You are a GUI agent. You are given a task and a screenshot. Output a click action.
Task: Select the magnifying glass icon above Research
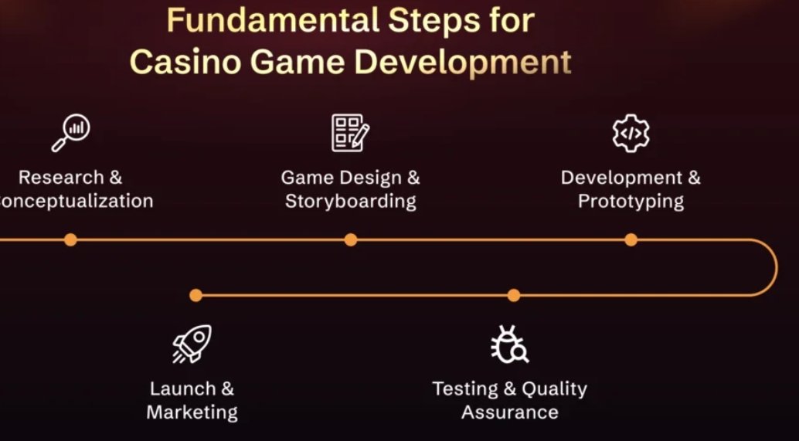pos(70,134)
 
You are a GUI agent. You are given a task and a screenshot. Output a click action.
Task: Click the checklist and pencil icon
pos(350,134)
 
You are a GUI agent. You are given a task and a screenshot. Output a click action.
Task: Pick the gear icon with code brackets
pos(631,134)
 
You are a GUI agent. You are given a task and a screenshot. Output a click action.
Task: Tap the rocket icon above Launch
pos(192,344)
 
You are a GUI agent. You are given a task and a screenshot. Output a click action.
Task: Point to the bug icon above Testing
pos(510,344)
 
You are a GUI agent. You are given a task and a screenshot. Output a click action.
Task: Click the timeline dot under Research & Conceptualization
pos(70,240)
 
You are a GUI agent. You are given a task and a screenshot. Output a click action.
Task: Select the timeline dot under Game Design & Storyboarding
pos(351,240)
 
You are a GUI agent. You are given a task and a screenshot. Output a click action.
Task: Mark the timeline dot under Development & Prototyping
pos(631,240)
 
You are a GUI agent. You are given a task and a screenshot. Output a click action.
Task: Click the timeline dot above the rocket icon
pos(195,295)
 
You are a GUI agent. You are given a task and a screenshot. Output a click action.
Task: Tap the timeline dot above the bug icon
pos(514,295)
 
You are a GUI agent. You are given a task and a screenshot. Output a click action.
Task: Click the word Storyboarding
pos(350,202)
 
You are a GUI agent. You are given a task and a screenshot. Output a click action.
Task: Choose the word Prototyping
pos(631,202)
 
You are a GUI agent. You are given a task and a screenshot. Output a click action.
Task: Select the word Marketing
pos(192,412)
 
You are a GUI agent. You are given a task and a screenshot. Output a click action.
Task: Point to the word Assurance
pos(510,412)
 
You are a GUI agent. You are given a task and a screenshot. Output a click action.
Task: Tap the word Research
pos(60,178)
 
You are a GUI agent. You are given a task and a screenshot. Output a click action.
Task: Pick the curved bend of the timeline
pos(776,267)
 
